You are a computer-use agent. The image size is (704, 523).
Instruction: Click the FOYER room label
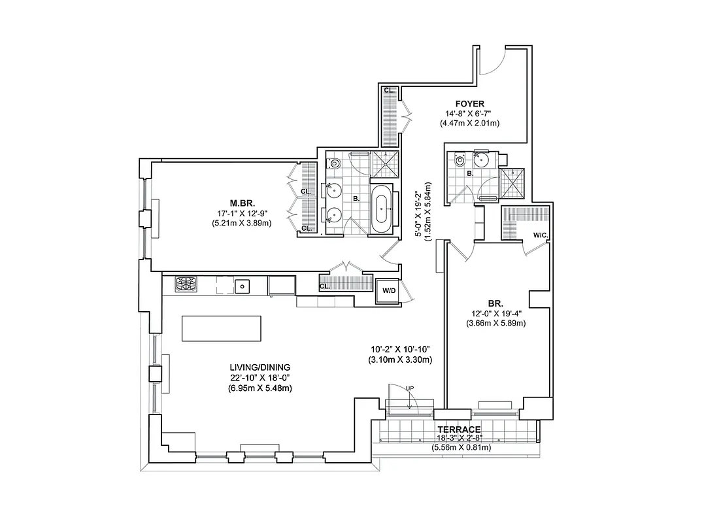(x=470, y=104)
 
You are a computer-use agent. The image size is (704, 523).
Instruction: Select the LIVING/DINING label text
(x=255, y=367)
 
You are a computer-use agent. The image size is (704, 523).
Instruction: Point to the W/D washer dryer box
(x=388, y=290)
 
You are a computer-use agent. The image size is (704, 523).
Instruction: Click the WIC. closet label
(x=540, y=235)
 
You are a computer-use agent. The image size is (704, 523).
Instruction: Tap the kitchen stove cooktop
(x=186, y=284)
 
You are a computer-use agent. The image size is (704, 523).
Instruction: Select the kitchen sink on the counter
(x=242, y=285)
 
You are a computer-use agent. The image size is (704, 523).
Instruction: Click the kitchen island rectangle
(x=221, y=328)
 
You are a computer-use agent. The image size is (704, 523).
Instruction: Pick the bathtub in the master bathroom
(x=382, y=210)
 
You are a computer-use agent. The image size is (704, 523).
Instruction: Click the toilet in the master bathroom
(x=334, y=163)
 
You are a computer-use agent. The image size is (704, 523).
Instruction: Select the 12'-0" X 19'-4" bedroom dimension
(x=495, y=313)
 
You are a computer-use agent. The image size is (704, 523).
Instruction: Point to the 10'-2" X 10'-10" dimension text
(x=399, y=350)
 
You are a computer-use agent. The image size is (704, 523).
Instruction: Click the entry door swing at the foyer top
(x=491, y=61)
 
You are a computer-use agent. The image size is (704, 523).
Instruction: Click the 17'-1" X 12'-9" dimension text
(x=241, y=212)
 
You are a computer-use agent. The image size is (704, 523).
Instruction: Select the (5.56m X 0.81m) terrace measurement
(x=461, y=448)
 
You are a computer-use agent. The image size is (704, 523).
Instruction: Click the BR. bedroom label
(x=495, y=303)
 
